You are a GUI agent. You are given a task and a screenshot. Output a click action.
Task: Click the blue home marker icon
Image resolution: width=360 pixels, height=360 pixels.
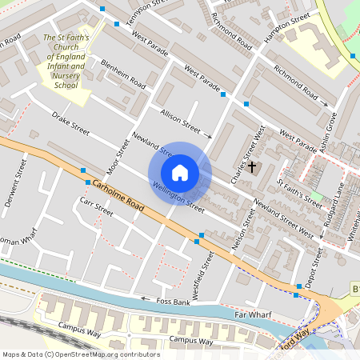tap(180, 173)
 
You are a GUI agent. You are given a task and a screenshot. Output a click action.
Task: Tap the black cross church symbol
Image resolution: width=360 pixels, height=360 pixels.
tap(253, 166)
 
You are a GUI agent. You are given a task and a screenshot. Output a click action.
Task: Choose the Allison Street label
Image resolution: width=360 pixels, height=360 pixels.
tap(180, 121)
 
